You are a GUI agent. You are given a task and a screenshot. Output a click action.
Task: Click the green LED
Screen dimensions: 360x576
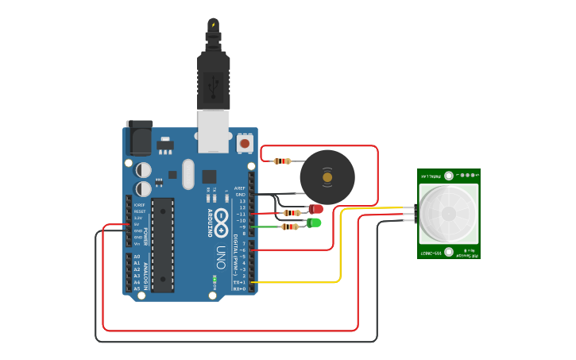coord(315,223)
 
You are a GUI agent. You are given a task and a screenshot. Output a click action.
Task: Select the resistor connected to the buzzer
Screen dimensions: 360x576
coord(282,161)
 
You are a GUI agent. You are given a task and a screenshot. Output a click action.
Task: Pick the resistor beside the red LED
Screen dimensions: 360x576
coord(292,213)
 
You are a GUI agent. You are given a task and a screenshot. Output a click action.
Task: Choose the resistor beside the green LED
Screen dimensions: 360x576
coord(290,226)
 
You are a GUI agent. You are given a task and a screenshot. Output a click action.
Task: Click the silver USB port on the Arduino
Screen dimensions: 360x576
coord(213,131)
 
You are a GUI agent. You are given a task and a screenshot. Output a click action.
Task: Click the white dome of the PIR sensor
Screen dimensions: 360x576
coord(448,214)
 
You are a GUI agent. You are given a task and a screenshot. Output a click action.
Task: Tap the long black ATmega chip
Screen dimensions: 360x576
coord(163,245)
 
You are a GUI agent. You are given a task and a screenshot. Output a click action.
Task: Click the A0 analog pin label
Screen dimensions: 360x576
coord(137,257)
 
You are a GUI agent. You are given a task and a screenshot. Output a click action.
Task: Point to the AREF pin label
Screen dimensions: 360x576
coord(240,188)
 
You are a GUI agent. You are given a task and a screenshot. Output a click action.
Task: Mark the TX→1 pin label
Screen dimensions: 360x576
coord(239,282)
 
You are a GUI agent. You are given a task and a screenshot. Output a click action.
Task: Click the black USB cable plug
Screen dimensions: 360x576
coord(213,79)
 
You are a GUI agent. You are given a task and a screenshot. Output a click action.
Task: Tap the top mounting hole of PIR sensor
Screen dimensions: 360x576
coord(449,175)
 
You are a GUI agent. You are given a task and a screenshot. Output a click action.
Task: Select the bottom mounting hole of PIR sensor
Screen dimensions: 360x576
coord(449,253)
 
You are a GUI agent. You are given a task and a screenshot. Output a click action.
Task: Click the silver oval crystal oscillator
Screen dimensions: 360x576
coord(188,174)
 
